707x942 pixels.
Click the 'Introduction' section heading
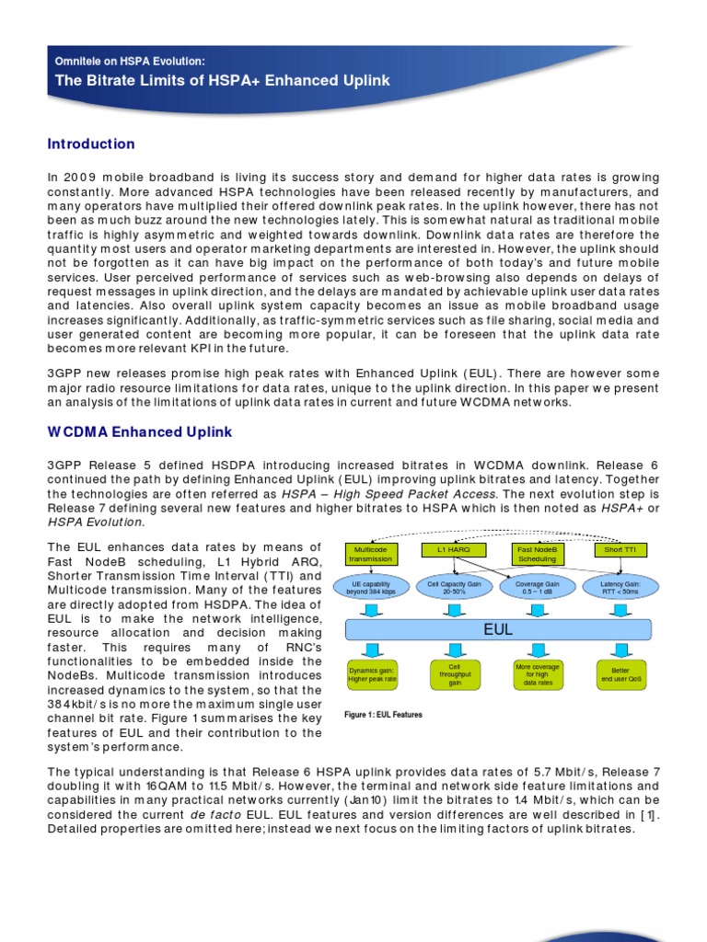click(x=91, y=144)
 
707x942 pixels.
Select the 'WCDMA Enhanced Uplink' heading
click(x=140, y=431)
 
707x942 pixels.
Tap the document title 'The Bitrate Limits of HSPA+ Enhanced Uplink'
click(x=222, y=80)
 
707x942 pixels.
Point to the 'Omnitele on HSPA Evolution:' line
click(x=130, y=61)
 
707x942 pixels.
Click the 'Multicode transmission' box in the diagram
click(x=370, y=554)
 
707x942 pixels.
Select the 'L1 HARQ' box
click(x=448, y=550)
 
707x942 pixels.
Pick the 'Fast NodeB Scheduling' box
click(x=537, y=554)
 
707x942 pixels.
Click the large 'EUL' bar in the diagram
click(x=498, y=629)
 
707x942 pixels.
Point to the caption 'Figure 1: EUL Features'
click(x=383, y=715)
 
